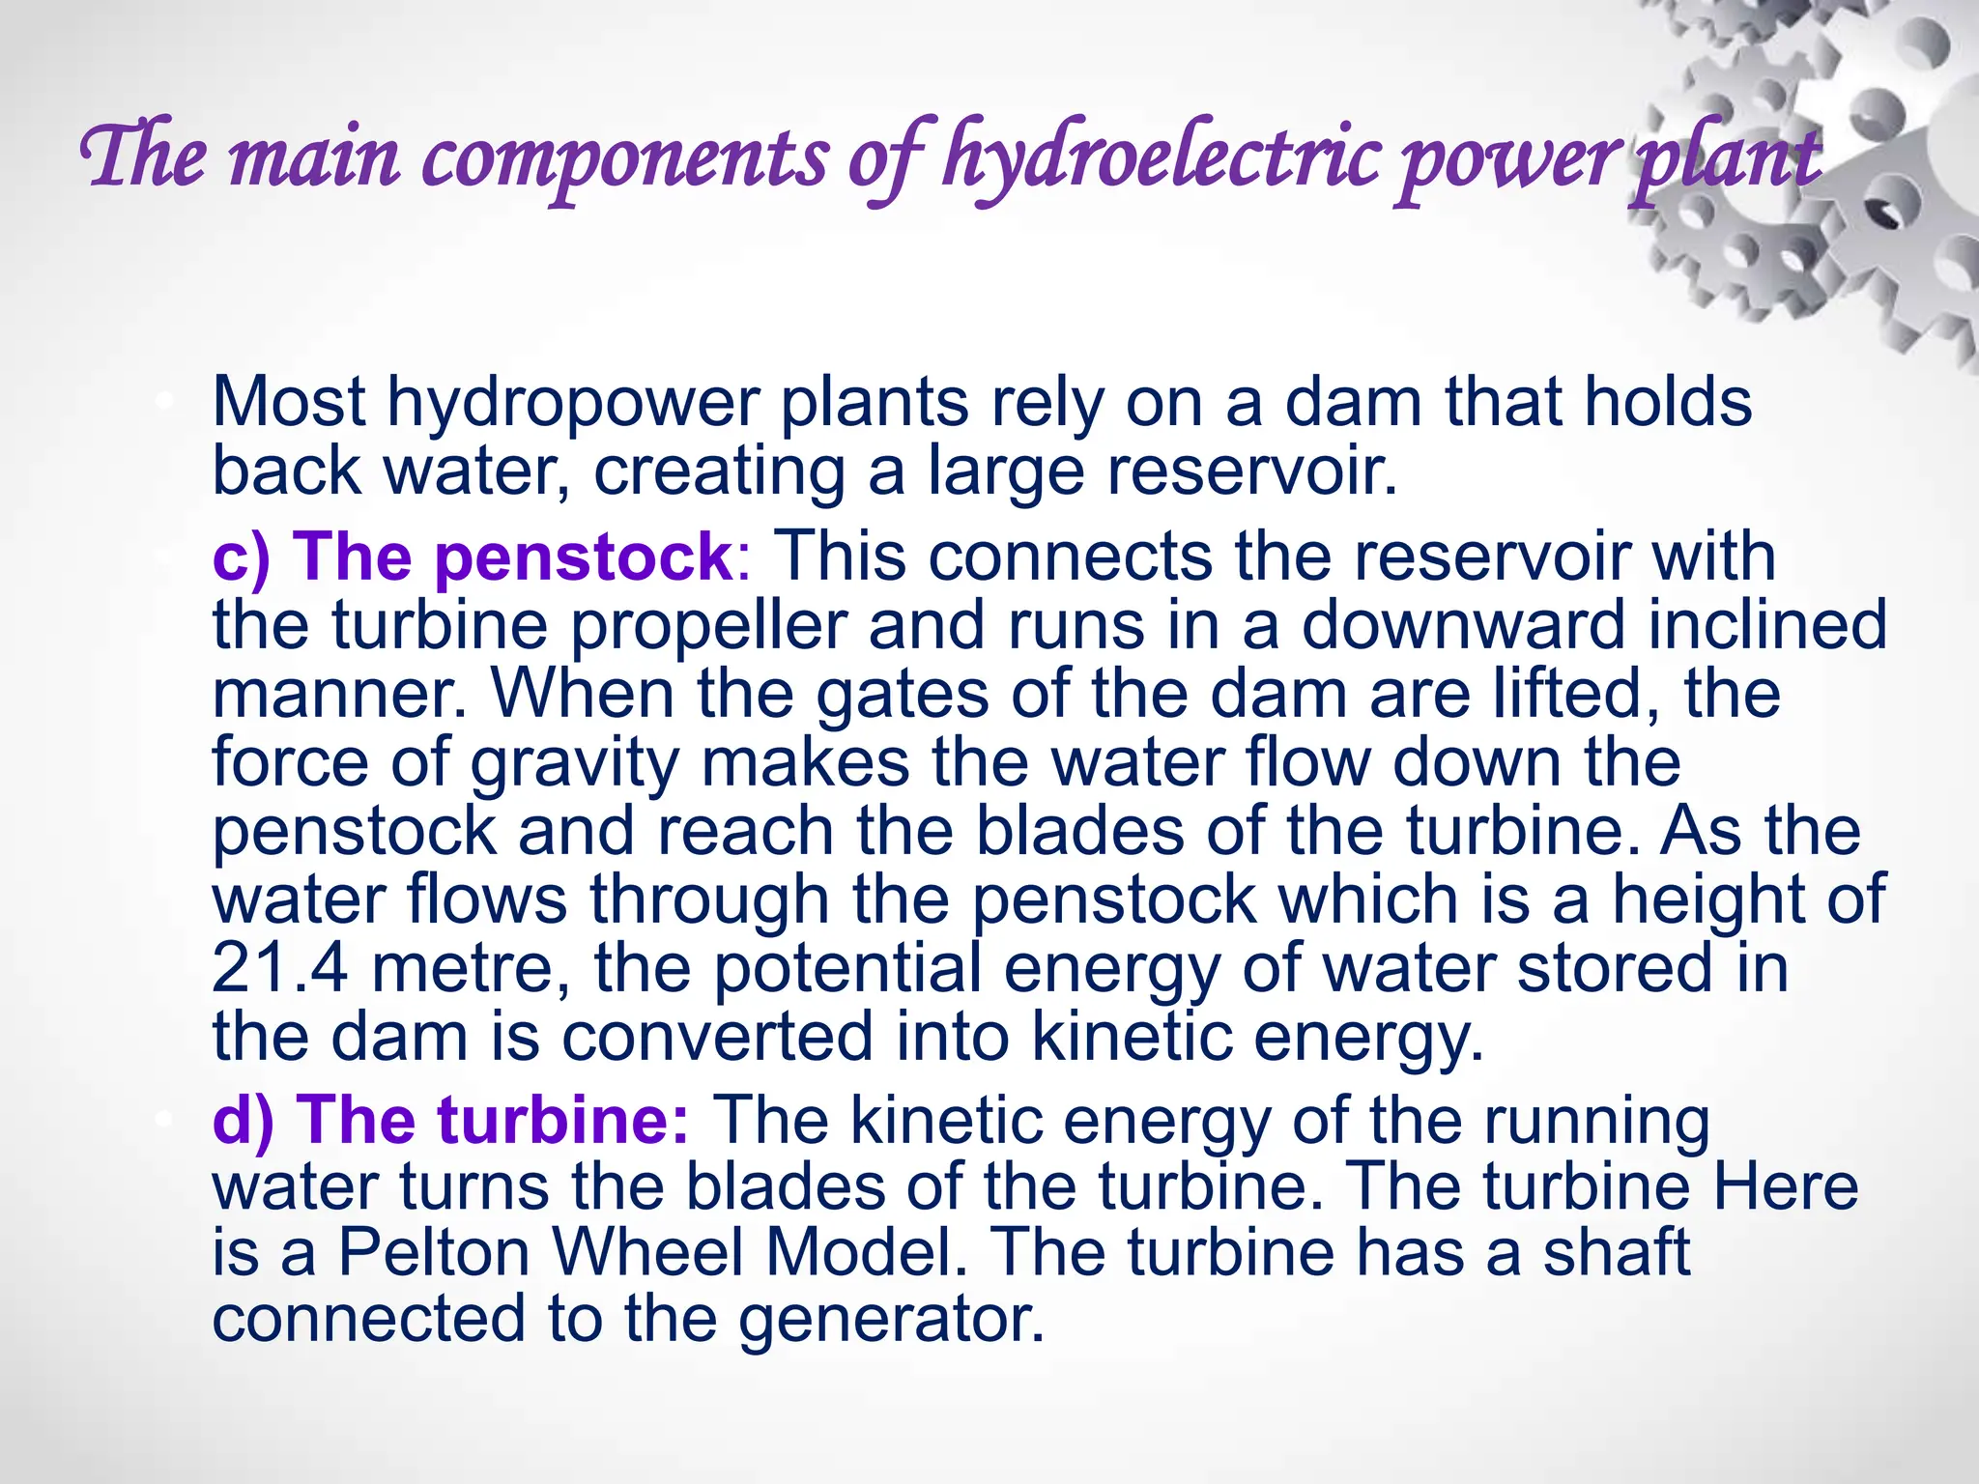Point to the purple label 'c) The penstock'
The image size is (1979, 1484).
point(473,557)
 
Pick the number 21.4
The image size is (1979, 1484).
point(279,968)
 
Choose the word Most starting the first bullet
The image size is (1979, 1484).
point(288,403)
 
